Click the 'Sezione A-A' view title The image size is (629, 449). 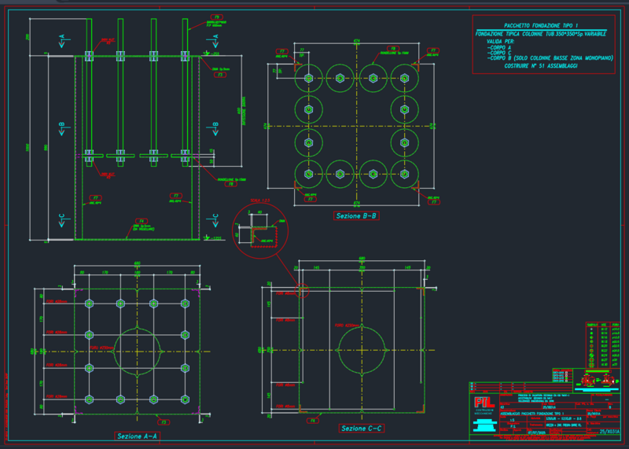138,435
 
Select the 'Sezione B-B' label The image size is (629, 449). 355,215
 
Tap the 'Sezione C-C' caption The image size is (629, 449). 361,429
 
